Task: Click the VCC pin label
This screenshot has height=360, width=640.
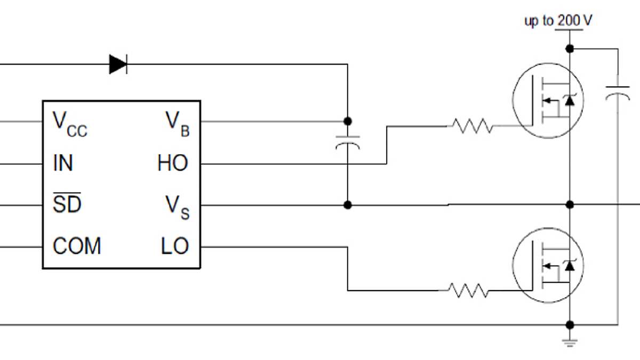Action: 69,124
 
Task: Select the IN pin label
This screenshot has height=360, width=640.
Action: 63,163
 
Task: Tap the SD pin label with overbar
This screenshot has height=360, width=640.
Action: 67,203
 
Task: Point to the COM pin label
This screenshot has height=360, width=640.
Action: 77,246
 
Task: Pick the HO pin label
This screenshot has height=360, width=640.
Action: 173,163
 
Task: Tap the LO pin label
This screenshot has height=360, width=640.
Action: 174,246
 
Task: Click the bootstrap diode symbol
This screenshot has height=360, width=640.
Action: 118,64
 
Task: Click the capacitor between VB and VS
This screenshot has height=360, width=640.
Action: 347,142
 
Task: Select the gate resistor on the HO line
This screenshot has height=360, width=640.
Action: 472,126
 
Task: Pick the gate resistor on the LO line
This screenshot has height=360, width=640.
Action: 468,291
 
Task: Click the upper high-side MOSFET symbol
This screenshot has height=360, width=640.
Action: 548,100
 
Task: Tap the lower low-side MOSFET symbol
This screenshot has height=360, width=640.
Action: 548,265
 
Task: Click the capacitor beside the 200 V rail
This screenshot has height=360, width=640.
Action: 618,94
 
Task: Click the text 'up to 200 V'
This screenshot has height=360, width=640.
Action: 558,21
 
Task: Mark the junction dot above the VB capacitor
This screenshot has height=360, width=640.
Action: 347,121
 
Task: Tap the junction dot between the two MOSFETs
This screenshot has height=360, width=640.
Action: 570,204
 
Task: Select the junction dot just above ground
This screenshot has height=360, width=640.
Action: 570,324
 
